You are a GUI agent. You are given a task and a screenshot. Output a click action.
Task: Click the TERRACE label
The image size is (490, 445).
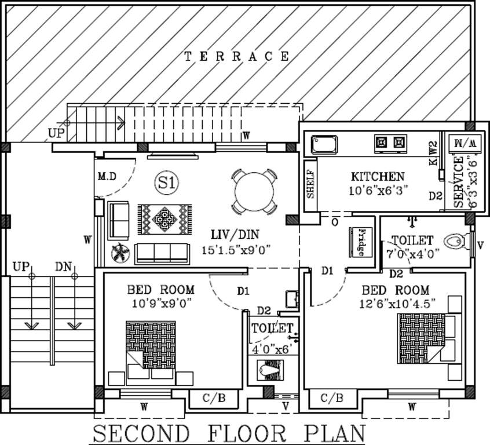236,56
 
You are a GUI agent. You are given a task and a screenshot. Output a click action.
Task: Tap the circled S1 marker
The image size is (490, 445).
166,183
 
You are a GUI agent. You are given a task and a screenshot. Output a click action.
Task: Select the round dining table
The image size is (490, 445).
253,192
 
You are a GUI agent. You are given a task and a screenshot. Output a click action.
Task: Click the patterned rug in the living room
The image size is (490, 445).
164,220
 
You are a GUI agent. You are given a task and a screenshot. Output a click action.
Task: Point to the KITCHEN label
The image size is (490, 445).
378,177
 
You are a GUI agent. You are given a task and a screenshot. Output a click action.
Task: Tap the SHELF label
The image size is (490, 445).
310,185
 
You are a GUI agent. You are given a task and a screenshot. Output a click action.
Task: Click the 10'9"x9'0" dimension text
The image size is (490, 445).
161,302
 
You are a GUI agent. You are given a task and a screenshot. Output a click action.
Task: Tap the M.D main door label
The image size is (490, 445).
106,176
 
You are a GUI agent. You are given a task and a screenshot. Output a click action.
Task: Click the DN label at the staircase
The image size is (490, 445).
64,267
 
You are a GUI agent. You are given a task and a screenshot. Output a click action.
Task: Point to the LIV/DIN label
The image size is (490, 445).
235,235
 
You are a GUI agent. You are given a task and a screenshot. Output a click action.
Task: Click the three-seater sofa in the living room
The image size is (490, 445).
162,253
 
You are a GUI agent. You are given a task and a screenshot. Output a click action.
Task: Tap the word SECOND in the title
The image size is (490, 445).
141,433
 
